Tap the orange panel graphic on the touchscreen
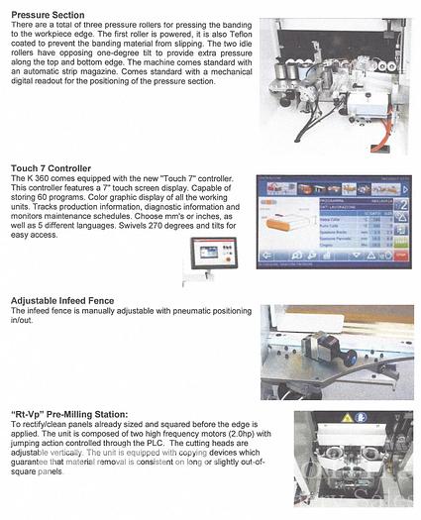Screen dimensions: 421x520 283,226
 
